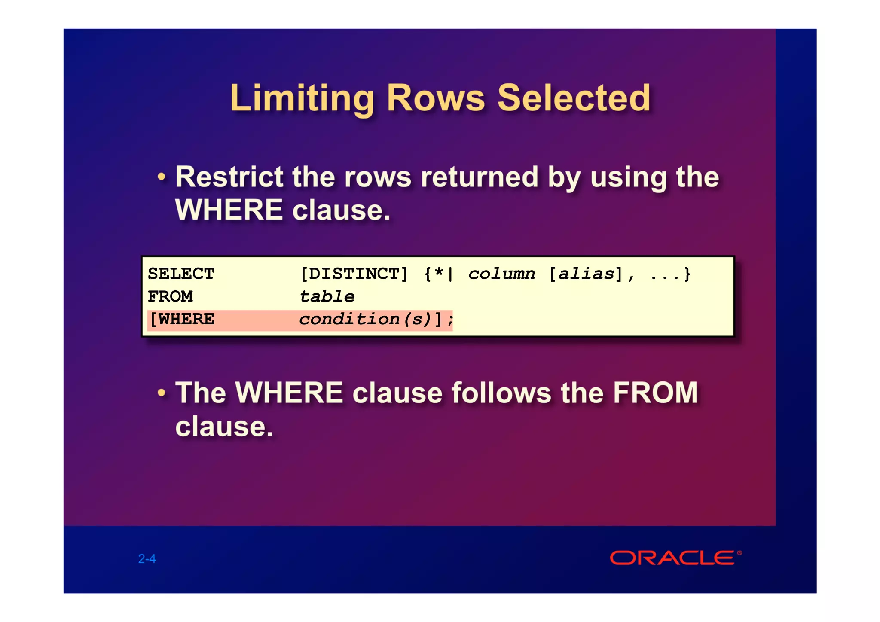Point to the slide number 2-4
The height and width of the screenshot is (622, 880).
point(147,558)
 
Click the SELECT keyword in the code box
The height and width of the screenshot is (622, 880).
point(181,274)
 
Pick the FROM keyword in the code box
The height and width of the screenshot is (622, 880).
point(170,296)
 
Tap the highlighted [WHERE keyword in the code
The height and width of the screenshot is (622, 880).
point(182,319)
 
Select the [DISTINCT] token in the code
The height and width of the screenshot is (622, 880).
point(354,274)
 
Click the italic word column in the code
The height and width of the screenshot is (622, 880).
point(501,274)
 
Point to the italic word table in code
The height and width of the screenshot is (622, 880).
point(327,296)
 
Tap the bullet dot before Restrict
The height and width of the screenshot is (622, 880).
point(161,177)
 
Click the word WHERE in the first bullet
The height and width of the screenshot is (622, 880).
point(229,210)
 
